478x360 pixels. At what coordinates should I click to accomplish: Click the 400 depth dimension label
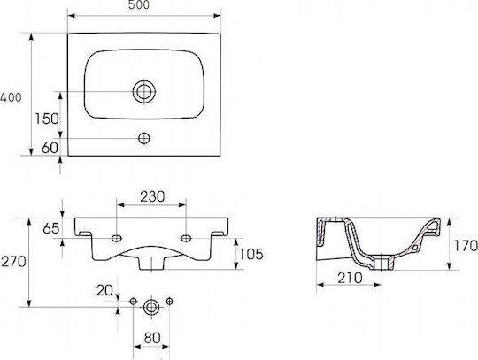coord(11,97)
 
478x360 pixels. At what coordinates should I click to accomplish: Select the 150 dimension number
coord(47,119)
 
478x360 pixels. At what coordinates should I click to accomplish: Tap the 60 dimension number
coord(50,148)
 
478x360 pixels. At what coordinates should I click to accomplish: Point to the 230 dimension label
coord(152,196)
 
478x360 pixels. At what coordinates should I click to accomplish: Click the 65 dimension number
coord(51,228)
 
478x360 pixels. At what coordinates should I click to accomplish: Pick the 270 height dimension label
coord(13,261)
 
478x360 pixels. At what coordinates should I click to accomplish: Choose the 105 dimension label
coord(251,254)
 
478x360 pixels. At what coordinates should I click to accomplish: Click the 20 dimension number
coord(104,290)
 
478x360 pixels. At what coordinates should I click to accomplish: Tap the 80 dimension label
coord(152,338)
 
